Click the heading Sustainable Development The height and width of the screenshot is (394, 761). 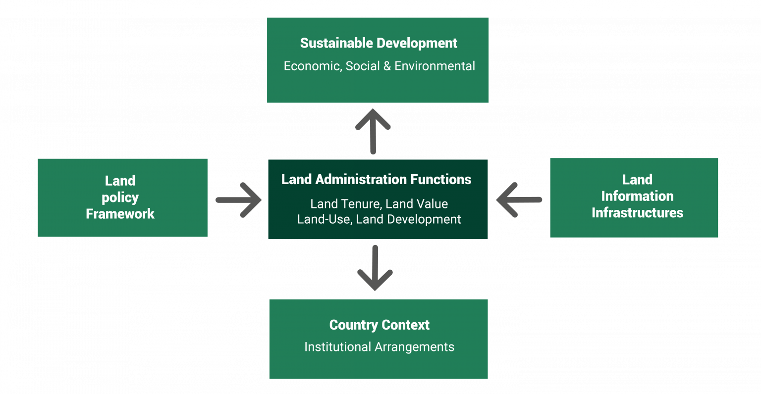[x=379, y=44]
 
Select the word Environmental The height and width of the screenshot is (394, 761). [x=435, y=66]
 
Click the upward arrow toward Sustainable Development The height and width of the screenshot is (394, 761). [x=373, y=131]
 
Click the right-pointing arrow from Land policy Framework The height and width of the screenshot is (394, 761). [x=239, y=200]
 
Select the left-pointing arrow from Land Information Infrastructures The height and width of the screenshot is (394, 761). [x=519, y=200]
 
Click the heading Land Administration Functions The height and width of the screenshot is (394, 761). [x=377, y=180]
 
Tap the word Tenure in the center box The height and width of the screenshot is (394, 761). [x=357, y=204]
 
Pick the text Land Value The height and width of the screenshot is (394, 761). [x=417, y=204]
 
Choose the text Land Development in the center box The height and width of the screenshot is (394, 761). [x=409, y=219]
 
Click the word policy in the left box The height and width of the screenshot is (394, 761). [x=120, y=198]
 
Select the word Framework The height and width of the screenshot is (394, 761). [x=120, y=214]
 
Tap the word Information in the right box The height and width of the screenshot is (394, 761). [x=637, y=196]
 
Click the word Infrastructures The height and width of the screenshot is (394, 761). [x=637, y=213]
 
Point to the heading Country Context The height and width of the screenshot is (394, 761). [x=379, y=325]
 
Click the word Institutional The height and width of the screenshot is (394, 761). [x=338, y=347]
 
